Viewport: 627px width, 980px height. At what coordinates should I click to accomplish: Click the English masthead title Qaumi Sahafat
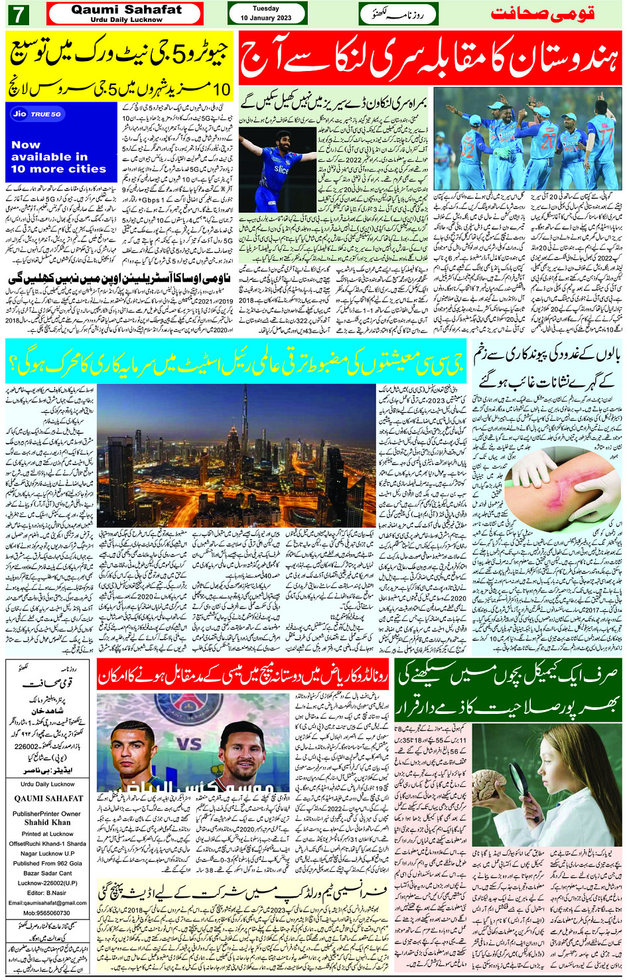[126, 9]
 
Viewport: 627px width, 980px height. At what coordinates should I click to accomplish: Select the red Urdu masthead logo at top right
[542, 13]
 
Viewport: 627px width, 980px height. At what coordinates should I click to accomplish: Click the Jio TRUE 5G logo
[37, 114]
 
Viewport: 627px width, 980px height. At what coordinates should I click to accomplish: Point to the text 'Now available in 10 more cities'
[58, 157]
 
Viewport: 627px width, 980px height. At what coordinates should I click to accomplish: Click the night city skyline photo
[237, 455]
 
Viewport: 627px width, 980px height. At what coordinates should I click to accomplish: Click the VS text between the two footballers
[190, 743]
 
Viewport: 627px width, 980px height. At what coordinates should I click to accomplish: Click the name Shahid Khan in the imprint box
[47, 822]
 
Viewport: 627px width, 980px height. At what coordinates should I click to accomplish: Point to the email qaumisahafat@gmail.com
[47, 903]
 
